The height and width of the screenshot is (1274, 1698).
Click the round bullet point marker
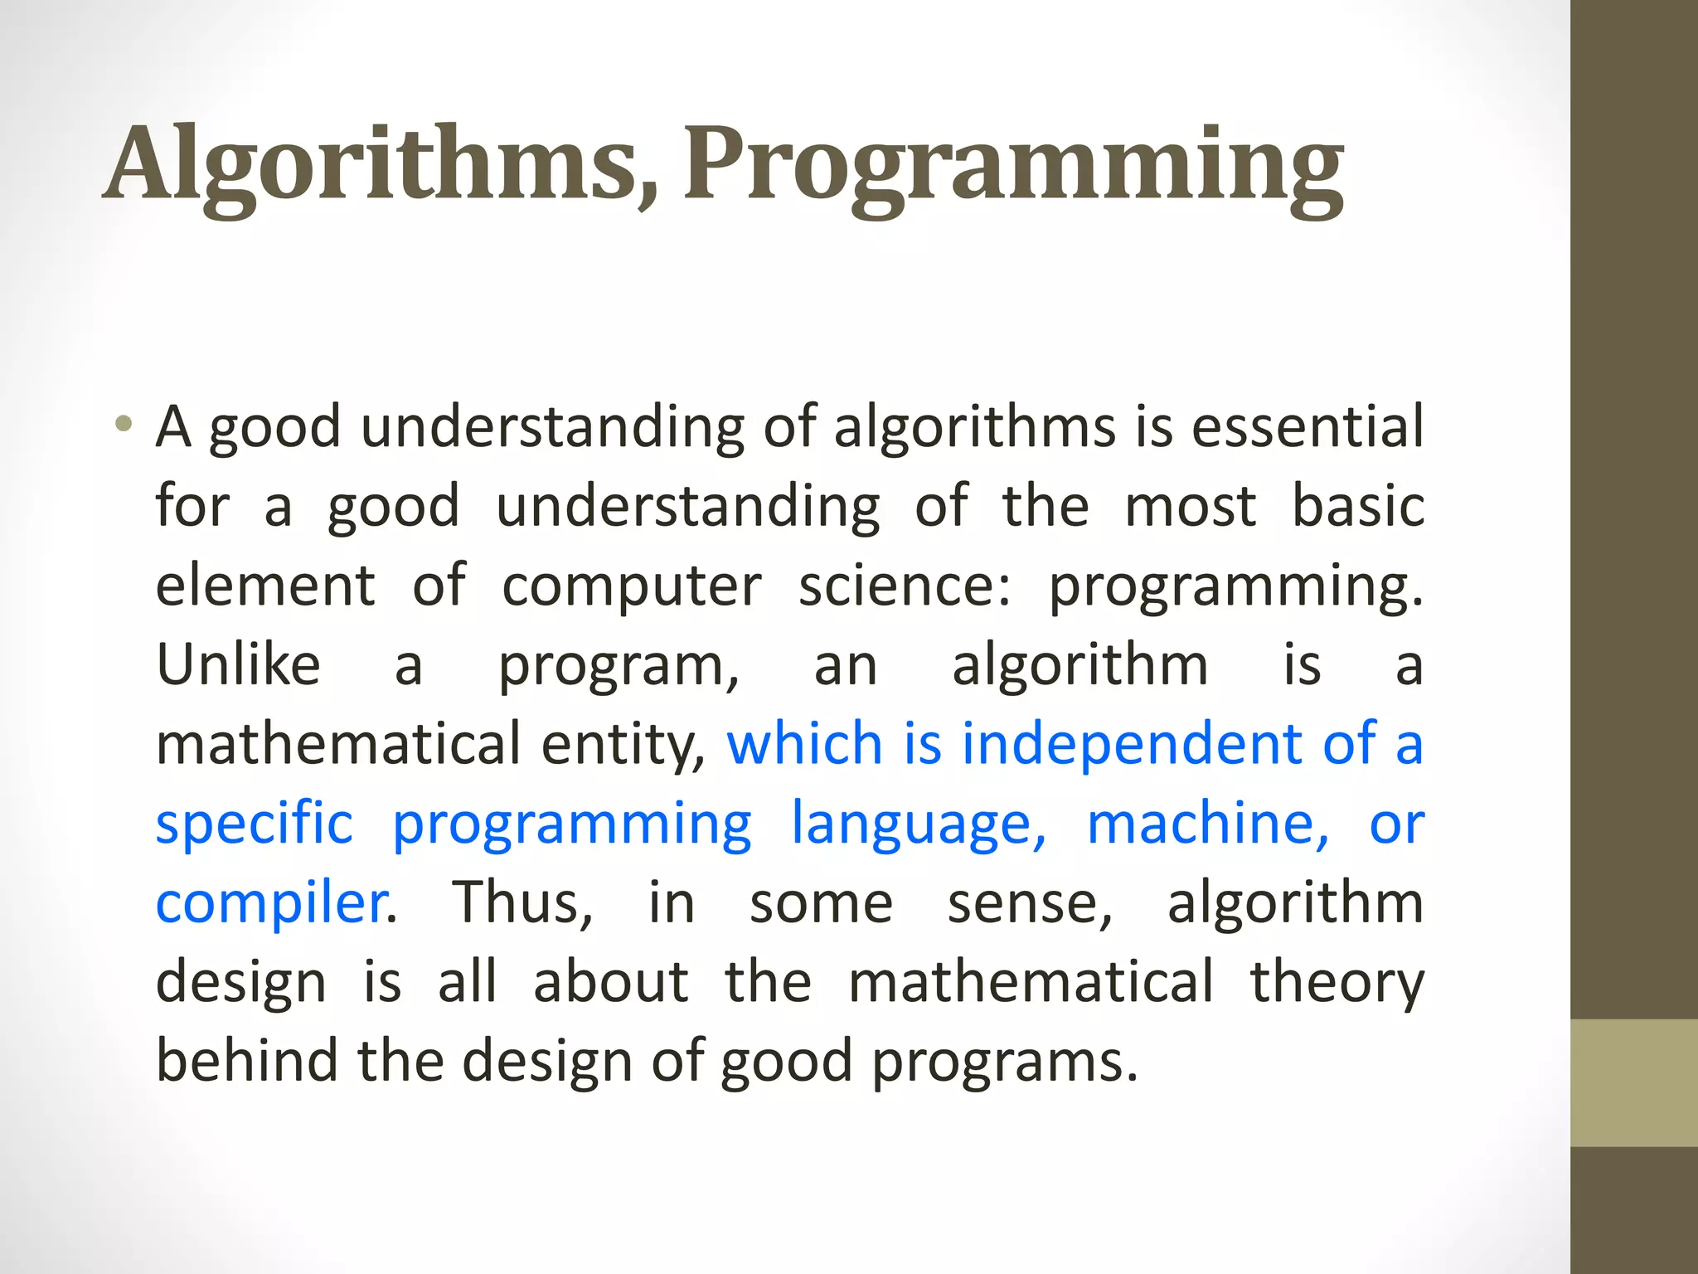click(x=124, y=424)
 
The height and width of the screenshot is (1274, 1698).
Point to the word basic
click(x=1358, y=506)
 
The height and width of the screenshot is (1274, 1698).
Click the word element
click(x=265, y=586)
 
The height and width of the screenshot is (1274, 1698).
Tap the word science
click(x=904, y=586)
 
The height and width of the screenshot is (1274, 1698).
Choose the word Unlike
click(x=238, y=664)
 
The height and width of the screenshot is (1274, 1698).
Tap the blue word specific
click(x=255, y=823)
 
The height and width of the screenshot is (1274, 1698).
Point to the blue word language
click(x=918, y=824)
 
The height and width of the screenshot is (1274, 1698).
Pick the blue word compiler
click(x=271, y=902)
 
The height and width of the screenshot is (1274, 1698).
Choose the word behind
click(x=247, y=1061)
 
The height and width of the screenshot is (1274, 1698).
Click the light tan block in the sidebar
click(x=1634, y=1082)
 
